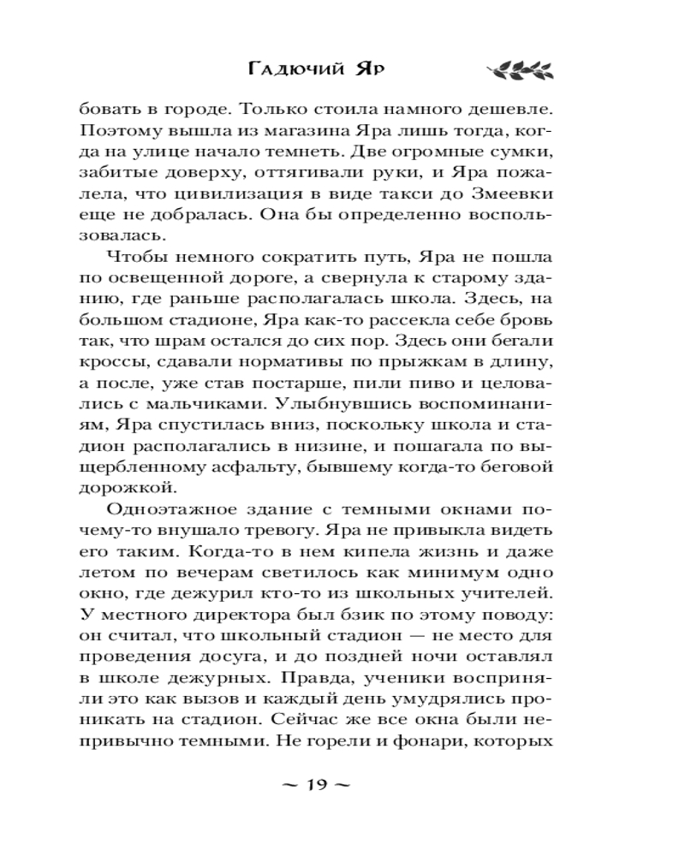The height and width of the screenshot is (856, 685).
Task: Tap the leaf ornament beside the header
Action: pos(518,70)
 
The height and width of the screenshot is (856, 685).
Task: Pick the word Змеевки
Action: pos(511,198)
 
